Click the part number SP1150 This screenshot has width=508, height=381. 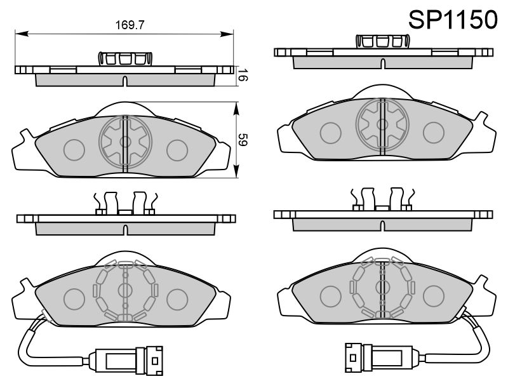coord(452,20)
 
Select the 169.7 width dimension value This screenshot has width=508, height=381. coord(130,25)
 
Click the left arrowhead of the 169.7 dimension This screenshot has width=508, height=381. coord(22,34)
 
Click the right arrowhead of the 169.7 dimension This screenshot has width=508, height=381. coord(227,34)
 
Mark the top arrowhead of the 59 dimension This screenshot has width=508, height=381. coord(236,109)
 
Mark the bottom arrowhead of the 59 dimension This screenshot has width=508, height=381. coord(236,171)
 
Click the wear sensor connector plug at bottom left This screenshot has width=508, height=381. coord(125,359)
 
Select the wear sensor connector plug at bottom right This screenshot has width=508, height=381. coord(383,357)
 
